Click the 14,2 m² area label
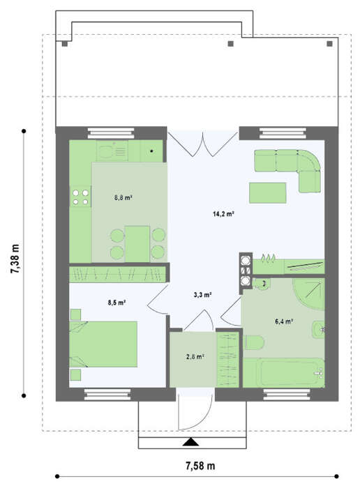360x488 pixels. click(223, 214)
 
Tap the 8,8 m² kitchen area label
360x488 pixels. click(123, 197)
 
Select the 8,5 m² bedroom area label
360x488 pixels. click(117, 302)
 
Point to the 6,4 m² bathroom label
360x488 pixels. click(284, 321)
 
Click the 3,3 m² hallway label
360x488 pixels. click(203, 294)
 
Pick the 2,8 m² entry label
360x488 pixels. click(195, 357)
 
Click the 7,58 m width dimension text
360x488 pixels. click(200, 466)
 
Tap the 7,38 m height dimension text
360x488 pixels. click(15, 259)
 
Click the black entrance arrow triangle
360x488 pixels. click(190, 442)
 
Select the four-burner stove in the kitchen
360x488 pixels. click(80, 197)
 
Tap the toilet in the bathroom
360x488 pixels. click(254, 343)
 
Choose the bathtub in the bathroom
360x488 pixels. click(284, 372)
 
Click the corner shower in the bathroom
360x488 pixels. click(309, 293)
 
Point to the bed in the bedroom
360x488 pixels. click(103, 344)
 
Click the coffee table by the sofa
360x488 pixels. click(267, 193)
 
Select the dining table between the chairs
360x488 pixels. click(137, 244)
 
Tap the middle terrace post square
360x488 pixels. click(230, 44)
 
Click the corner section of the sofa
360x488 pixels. click(308, 160)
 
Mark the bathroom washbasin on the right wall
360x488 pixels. click(318, 330)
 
